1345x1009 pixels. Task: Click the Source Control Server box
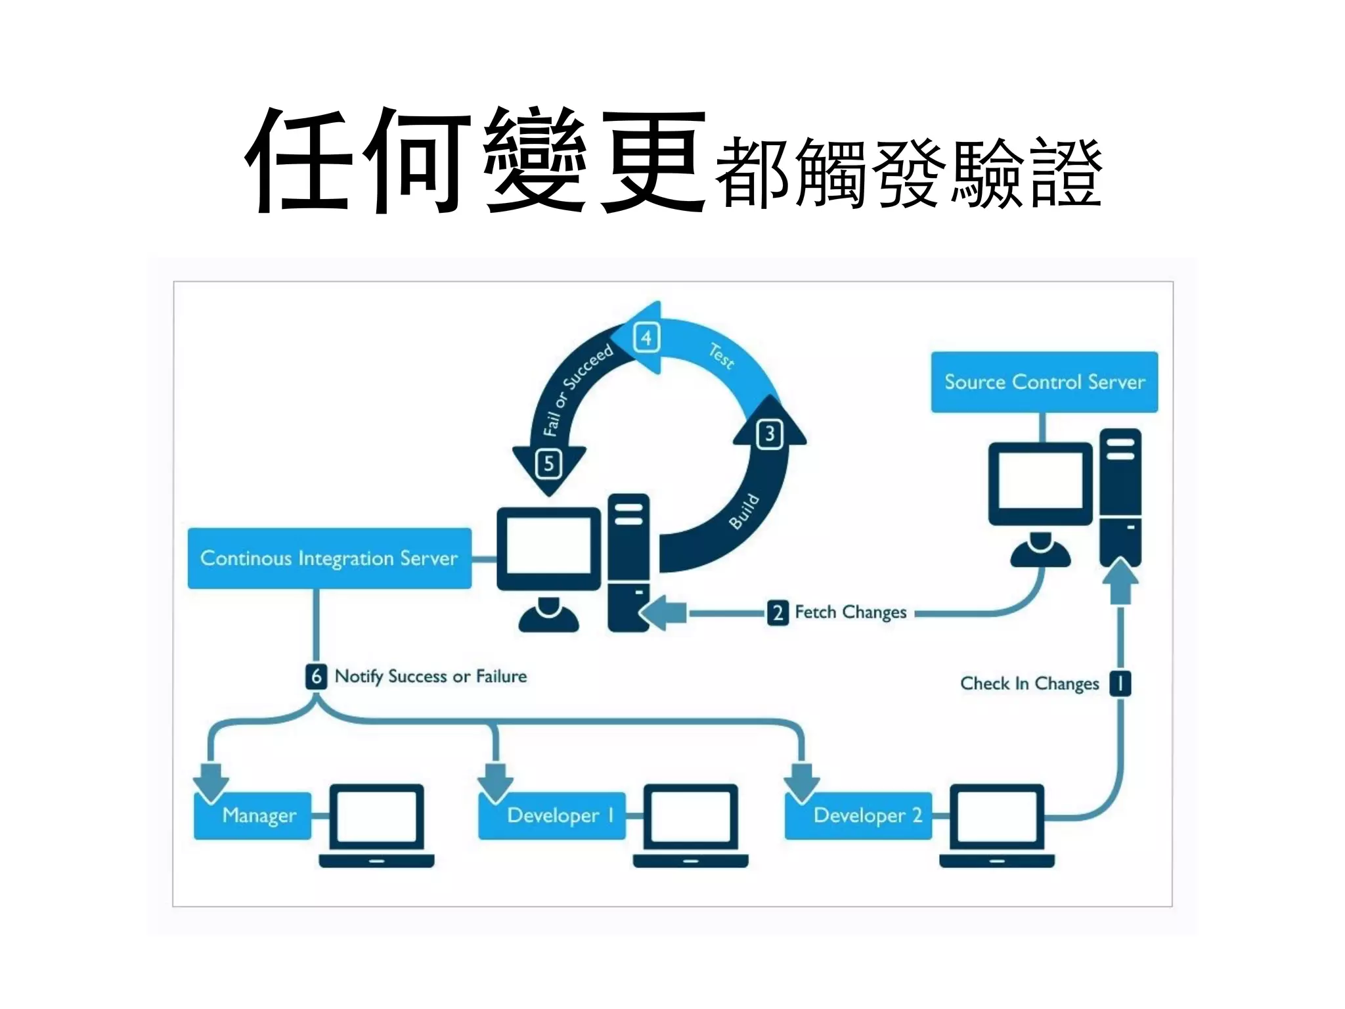[x=1044, y=382]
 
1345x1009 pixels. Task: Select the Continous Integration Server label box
[x=329, y=558]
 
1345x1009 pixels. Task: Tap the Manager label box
[x=254, y=815]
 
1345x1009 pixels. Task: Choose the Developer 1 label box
[x=552, y=815]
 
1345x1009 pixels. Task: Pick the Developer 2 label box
[x=858, y=815]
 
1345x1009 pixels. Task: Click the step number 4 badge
[x=646, y=338]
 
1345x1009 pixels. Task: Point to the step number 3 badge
[x=770, y=434]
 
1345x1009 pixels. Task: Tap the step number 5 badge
[x=549, y=464]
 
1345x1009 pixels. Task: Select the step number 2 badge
[x=778, y=613]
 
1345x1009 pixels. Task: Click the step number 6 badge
[x=316, y=676]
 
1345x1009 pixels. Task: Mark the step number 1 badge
[x=1120, y=683]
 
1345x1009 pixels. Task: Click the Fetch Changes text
[x=850, y=612]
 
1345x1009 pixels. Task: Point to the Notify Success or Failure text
[x=431, y=676]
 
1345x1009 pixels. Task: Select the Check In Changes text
[x=1029, y=683]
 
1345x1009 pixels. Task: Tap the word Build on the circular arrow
[x=744, y=511]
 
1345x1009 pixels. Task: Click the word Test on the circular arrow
[x=721, y=356]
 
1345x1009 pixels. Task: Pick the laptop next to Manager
[x=376, y=824]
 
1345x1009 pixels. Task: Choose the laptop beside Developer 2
[x=997, y=824]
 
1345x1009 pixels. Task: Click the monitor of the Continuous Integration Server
[x=548, y=549]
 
